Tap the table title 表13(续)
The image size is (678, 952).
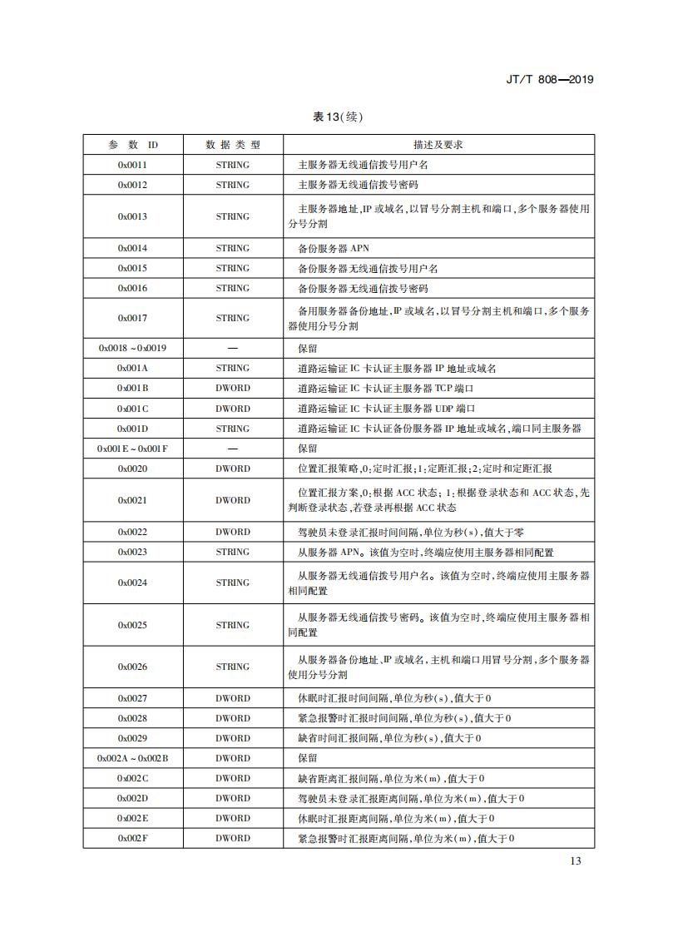click(338, 117)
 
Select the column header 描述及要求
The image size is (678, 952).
click(438, 145)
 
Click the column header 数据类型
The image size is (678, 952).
click(233, 145)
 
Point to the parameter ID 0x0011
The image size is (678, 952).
click(132, 165)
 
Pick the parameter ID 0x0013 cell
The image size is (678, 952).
click(132, 216)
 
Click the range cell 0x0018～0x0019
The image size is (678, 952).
click(132, 348)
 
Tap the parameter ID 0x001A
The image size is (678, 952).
click(132, 368)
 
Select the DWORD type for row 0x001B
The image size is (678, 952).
click(233, 388)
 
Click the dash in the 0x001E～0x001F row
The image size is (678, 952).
click(233, 449)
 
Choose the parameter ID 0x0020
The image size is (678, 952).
click(132, 469)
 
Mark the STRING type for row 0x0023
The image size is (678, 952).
click(233, 552)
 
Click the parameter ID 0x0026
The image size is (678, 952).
click(132, 667)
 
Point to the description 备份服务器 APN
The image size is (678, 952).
click(334, 248)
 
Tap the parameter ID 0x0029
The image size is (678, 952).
click(132, 738)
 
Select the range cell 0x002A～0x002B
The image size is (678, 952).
click(132, 758)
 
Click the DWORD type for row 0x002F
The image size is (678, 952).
click(233, 838)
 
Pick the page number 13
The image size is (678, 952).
click(576, 860)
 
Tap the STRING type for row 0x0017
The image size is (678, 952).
click(233, 318)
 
